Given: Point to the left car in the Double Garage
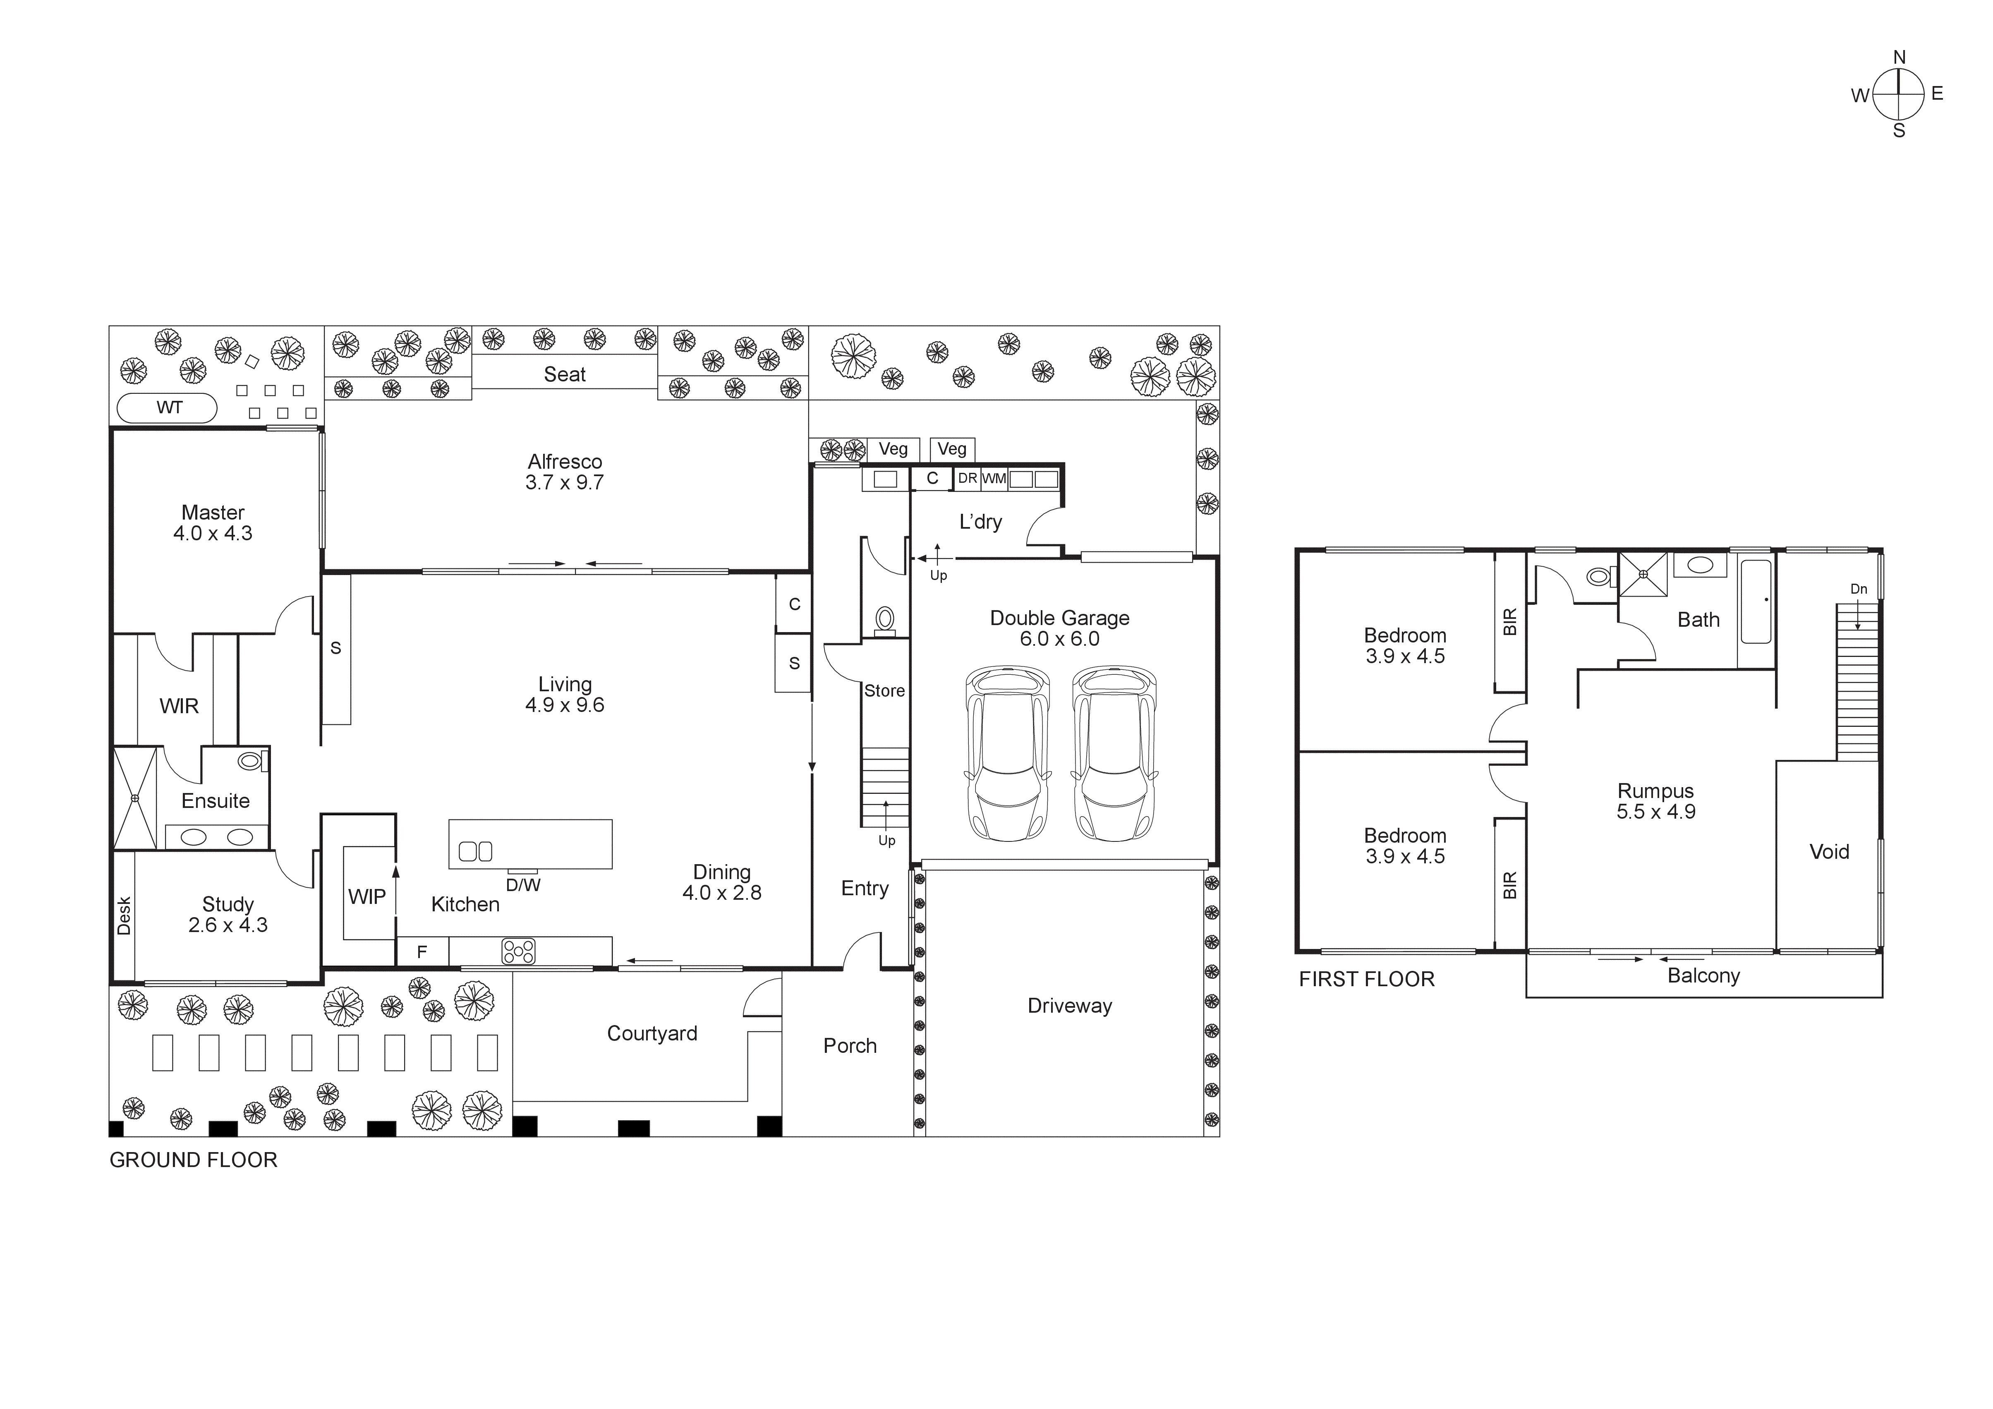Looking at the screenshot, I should (x=1007, y=752).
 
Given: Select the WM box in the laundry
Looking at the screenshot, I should (x=994, y=478).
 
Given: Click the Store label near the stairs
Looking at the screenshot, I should (x=884, y=690).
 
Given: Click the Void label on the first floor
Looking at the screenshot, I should (x=1829, y=852).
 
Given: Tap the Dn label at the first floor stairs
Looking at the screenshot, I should (x=1859, y=589).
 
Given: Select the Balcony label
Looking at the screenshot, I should (x=1703, y=976).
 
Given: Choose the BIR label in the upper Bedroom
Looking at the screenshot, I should (x=1509, y=622).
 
